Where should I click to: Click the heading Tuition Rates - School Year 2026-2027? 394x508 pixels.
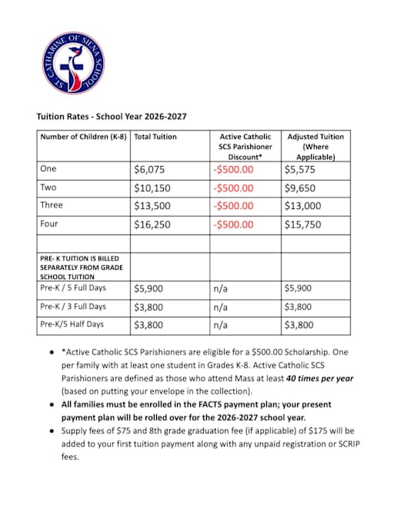point(112,117)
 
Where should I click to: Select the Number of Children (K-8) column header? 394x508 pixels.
point(84,137)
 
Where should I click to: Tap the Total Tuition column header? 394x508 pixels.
point(155,137)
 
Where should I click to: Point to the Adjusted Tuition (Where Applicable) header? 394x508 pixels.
point(315,146)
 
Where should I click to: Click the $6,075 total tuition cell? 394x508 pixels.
point(149,169)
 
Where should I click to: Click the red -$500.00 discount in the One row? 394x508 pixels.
point(233,169)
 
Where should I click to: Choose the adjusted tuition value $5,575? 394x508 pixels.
point(300,169)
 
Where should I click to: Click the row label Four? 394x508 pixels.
point(48,224)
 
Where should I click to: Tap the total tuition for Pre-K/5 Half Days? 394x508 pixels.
point(148,325)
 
